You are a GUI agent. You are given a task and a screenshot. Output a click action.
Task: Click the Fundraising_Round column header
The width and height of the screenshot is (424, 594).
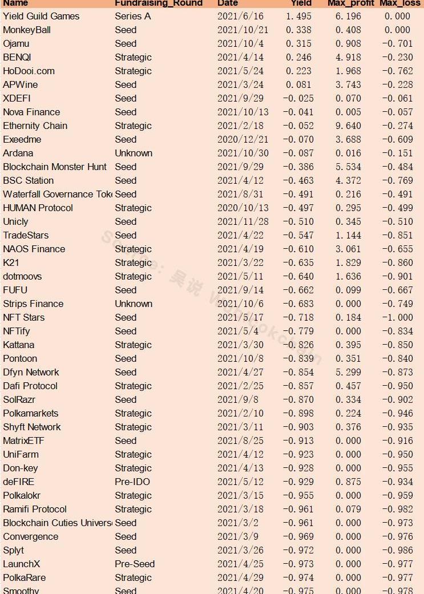158,3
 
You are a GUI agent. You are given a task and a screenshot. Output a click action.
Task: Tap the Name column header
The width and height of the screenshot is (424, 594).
15,3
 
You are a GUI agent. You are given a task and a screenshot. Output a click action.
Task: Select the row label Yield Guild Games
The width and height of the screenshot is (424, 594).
41,16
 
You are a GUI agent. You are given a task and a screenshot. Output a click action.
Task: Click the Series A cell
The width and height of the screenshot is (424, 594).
132,16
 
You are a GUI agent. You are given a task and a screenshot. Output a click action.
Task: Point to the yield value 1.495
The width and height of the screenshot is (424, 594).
298,16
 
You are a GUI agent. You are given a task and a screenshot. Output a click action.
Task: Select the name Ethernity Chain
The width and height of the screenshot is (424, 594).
35,126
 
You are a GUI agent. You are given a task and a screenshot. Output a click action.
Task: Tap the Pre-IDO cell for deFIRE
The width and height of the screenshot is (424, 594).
132,482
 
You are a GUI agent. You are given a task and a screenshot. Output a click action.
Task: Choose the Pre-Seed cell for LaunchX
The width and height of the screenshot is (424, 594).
135,564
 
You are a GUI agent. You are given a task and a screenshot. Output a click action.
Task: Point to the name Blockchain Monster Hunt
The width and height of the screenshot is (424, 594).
55,167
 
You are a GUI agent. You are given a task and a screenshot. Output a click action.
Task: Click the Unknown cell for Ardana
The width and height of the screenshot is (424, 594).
134,153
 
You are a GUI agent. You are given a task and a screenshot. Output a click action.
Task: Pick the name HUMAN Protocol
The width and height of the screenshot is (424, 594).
38,208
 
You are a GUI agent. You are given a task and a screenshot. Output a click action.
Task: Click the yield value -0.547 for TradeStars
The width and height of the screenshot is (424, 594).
298,235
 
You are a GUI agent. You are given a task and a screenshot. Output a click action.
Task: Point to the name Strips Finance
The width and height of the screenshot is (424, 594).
33,304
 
